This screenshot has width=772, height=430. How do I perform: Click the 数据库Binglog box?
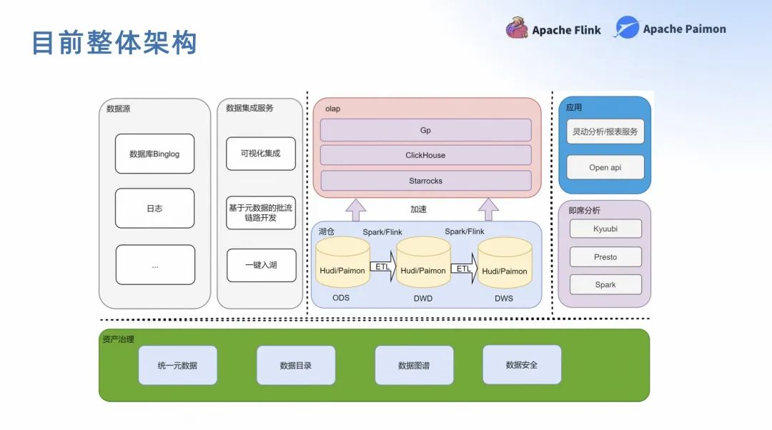(x=154, y=154)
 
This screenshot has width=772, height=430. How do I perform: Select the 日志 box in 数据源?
(x=154, y=209)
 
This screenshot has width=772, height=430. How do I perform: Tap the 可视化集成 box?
(x=261, y=154)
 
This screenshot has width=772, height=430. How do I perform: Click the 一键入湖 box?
(x=261, y=265)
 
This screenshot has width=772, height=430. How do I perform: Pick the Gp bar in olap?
(x=425, y=130)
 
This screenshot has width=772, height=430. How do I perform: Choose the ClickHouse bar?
(x=425, y=155)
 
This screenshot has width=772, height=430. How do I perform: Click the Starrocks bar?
(x=425, y=181)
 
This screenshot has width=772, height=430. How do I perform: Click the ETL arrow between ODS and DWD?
(x=382, y=268)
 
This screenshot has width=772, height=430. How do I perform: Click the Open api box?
(x=605, y=167)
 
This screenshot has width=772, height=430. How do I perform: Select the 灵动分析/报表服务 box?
(x=605, y=131)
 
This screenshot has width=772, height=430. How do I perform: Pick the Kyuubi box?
(x=605, y=229)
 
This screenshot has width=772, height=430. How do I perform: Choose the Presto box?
(x=605, y=256)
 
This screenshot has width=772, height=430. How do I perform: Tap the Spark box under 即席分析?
(x=605, y=284)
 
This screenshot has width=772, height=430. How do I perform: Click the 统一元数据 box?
(x=177, y=365)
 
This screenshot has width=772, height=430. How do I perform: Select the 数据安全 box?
(x=521, y=364)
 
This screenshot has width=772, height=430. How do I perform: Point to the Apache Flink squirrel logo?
(x=517, y=29)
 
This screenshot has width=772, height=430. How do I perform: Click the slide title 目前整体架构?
(x=114, y=43)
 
